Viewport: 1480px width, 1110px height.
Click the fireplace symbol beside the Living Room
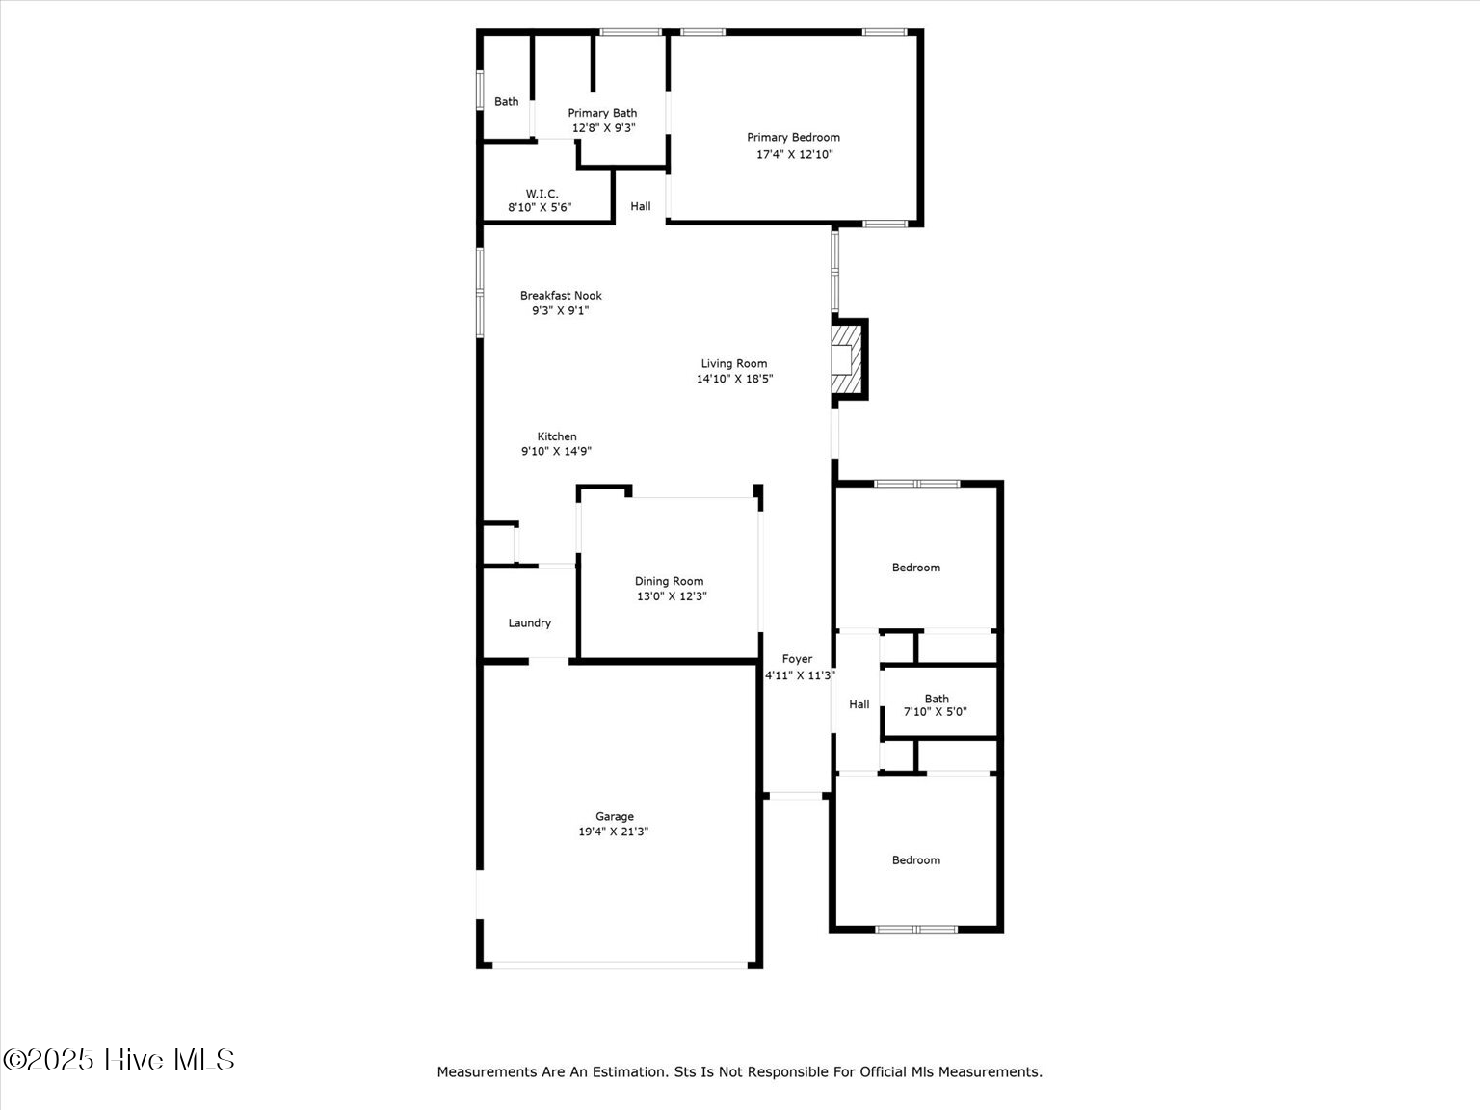point(845,358)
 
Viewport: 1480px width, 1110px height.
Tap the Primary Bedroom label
point(793,138)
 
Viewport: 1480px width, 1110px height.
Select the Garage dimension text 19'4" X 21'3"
point(614,832)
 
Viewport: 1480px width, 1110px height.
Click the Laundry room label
point(529,623)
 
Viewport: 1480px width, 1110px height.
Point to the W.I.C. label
point(542,194)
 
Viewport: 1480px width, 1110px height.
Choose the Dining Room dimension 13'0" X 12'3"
point(672,596)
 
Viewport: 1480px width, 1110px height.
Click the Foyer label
point(797,659)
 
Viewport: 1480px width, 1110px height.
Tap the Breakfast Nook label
point(561,296)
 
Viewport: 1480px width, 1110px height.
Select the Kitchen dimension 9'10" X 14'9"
point(556,451)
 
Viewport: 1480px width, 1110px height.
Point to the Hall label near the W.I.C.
point(641,206)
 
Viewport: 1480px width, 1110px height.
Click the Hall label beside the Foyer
point(859,704)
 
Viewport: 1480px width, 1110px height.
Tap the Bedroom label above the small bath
point(915,568)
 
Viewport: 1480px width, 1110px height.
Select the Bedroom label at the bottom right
point(915,860)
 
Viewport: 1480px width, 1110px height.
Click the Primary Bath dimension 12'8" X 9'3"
point(603,127)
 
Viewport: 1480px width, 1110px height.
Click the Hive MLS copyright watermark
point(119,1060)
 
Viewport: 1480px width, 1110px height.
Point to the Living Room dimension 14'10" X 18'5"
point(734,379)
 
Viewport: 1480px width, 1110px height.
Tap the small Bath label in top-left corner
point(506,101)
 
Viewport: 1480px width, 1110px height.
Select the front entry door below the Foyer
point(796,796)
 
